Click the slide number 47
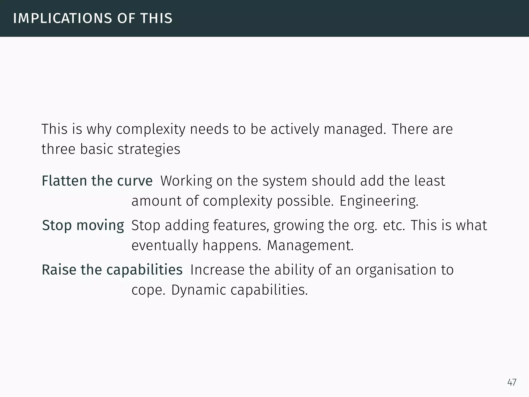[512, 382]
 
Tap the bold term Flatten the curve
[97, 181]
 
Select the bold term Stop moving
[83, 225]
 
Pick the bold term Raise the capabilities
[112, 270]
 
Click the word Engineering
[379, 201]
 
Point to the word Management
[310, 245]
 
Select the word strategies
[149, 149]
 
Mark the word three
[58, 149]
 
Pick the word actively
[295, 129]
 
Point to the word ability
[294, 270]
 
